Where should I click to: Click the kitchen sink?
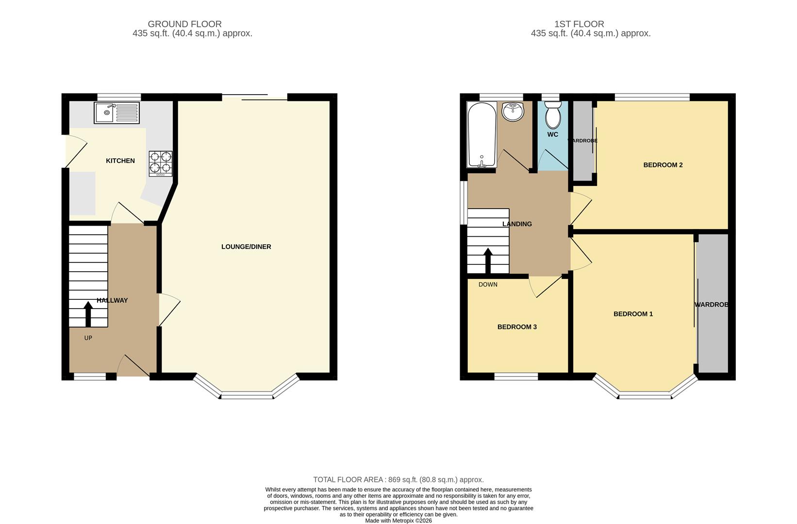tap(116, 113)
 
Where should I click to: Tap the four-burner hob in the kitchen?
tap(160, 163)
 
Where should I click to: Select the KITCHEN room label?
tap(120, 161)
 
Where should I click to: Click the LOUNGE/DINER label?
tap(246, 246)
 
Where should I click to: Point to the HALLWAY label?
tap(112, 300)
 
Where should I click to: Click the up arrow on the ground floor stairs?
tap(88, 314)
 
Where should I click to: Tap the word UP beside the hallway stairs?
tap(88, 338)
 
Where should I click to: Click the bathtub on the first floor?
tap(482, 134)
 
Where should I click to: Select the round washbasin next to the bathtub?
tap(513, 112)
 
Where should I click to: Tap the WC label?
tap(552, 134)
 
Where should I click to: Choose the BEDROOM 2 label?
tap(663, 165)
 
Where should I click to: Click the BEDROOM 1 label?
tap(633, 314)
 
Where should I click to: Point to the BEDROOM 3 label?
tap(517, 327)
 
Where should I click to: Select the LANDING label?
tap(517, 224)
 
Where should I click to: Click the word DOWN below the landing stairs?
tap(488, 284)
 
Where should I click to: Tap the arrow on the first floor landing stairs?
tap(488, 261)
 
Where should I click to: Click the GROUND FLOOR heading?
tap(184, 24)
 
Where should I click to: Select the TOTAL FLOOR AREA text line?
tap(398, 479)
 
